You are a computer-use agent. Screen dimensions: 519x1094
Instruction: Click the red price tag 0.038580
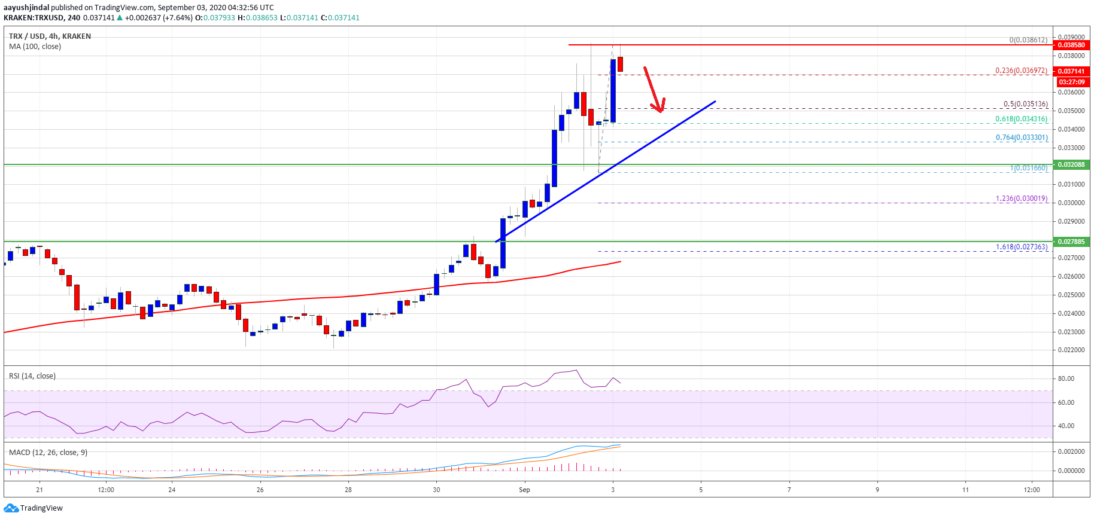(1071, 45)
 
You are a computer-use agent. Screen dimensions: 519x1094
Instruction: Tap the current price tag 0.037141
(1071, 71)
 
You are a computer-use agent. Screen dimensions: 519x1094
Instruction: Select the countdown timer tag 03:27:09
(1071, 82)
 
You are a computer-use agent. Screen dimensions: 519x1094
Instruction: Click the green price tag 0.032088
(1071, 164)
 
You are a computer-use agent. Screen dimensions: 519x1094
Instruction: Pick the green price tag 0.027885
(1071, 242)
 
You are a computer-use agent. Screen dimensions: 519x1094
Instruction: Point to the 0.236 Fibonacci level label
(1021, 71)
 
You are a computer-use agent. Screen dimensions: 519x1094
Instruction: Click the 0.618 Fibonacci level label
(1021, 119)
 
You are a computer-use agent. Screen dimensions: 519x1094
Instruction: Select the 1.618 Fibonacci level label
(1021, 247)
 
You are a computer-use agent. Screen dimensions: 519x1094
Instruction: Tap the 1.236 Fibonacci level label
(1021, 199)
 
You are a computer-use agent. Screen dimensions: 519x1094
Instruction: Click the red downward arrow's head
(660, 109)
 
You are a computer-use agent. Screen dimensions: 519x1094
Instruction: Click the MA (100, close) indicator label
(35, 47)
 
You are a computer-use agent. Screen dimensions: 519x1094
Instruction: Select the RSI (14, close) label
(32, 376)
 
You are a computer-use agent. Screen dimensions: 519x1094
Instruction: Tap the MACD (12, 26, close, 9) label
(48, 453)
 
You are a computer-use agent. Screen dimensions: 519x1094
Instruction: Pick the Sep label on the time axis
(524, 490)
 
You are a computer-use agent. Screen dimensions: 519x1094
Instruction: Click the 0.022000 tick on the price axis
(1070, 350)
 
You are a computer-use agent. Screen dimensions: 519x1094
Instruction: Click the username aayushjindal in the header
(26, 8)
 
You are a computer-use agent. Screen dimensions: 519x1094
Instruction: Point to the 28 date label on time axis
(348, 490)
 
